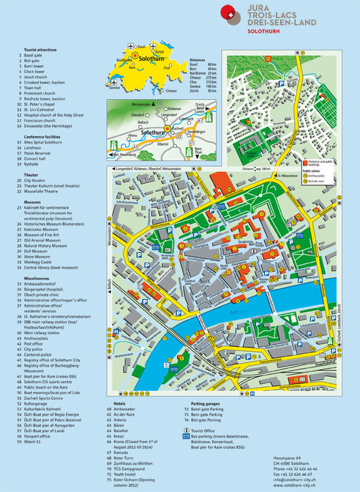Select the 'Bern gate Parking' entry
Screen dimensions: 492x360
[210, 415]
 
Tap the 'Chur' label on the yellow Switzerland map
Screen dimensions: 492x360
[166, 68]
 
